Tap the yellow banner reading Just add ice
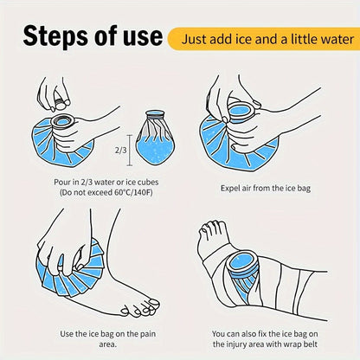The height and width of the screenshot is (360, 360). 264,39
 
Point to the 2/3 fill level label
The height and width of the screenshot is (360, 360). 121,151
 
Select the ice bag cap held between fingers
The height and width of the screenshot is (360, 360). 61,104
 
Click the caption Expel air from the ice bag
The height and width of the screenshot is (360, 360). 266,189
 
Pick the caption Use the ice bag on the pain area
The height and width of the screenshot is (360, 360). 107,338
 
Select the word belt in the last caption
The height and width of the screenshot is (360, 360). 310,344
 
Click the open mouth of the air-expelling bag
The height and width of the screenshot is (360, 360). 240,111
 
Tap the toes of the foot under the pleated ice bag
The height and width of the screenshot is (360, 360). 140,308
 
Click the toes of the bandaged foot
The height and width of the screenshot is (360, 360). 213,228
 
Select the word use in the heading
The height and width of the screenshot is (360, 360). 143,36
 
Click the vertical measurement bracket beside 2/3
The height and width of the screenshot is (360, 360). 130,151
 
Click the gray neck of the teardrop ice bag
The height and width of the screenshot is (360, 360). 155,116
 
